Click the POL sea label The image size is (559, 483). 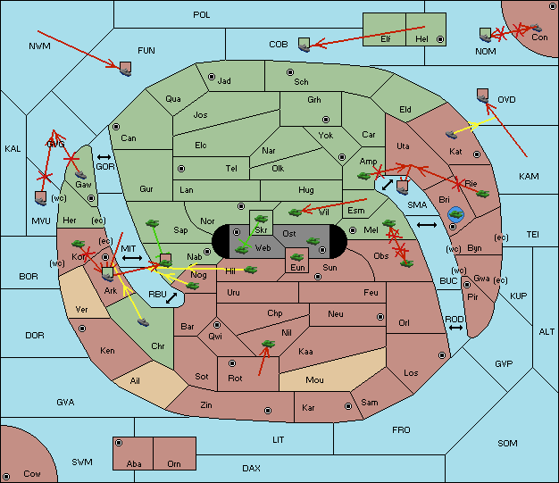tap(202, 15)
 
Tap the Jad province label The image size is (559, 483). tap(224, 81)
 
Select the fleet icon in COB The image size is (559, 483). tap(305, 45)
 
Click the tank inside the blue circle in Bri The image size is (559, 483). tap(455, 214)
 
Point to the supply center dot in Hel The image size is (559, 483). tap(440, 39)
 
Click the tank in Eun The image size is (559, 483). tap(296, 257)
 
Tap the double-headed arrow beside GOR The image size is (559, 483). tap(104, 157)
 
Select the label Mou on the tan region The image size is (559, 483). tap(314, 380)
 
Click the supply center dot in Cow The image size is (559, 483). tap(6, 476)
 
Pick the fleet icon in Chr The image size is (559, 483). tap(143, 322)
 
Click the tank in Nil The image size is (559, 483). tap(268, 344)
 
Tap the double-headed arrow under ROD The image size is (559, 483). tap(455, 328)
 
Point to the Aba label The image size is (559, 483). tap(134, 463)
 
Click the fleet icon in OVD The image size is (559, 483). tap(483, 96)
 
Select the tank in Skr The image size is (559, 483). tap(261, 219)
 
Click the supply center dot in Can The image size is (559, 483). tap(116, 127)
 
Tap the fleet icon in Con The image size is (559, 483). tap(536, 28)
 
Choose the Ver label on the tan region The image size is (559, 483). tap(81, 310)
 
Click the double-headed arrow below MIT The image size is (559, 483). tap(132, 258)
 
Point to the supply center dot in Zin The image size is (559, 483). tap(268, 411)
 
